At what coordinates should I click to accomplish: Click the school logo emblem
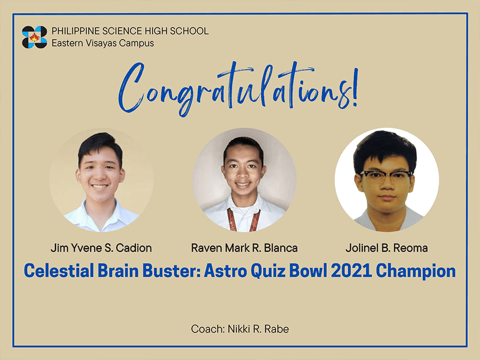coord(34,37)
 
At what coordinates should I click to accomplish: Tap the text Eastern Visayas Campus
coord(102,43)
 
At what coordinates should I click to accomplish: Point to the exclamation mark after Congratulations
coord(355,89)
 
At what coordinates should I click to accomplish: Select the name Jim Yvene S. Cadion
coord(101,248)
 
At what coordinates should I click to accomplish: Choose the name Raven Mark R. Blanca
coord(244,248)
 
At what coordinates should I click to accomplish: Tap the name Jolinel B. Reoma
coord(387,248)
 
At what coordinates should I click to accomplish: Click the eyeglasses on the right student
coord(386,177)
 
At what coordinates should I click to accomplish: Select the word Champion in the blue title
coord(415,271)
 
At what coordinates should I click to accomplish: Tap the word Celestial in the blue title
coord(59,271)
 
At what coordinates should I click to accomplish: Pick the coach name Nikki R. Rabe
coord(258,329)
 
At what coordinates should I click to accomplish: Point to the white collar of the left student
coord(101,216)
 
